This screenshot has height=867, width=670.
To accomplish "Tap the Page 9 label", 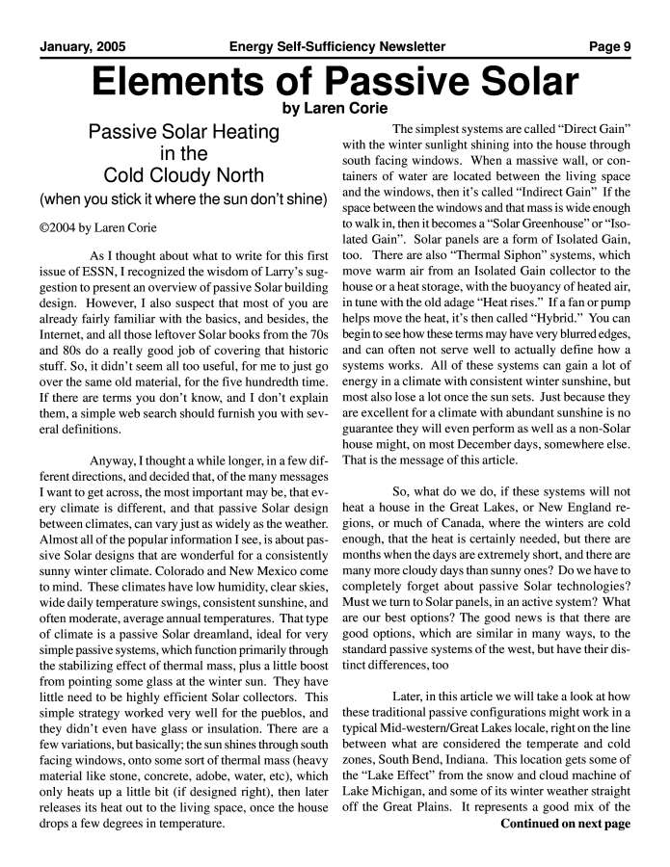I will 610,46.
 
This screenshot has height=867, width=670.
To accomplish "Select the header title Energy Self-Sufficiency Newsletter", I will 336,46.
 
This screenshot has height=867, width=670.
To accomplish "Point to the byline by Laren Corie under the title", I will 335,108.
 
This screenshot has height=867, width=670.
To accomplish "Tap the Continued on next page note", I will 565,824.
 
